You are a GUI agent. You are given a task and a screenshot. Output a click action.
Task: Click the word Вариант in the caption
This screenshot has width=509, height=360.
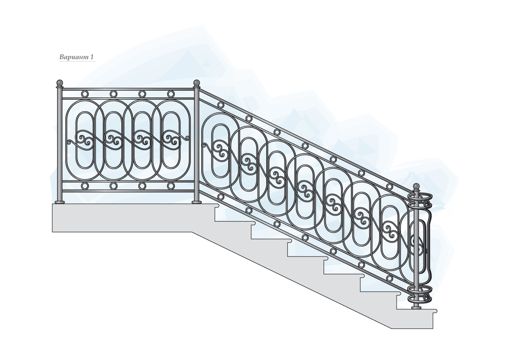coord(74,57)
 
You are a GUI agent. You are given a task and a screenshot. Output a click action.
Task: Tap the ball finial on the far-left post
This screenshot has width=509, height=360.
coord(59,82)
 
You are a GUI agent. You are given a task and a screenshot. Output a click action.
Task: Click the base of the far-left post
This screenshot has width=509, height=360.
coord(59,201)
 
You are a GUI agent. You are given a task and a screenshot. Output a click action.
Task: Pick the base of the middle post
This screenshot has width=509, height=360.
coord(197,201)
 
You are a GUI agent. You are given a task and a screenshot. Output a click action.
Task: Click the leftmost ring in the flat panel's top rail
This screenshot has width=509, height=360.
coord(85,94)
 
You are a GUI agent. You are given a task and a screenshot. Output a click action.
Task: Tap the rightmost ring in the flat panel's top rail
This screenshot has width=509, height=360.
coord(171,94)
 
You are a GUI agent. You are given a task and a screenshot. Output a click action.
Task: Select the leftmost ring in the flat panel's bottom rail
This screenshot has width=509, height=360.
coord(85,186)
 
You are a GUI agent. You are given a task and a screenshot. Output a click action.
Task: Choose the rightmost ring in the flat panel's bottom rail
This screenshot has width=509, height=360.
coord(171,186)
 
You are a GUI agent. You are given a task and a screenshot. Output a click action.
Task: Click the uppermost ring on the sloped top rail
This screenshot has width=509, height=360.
coord(221,105)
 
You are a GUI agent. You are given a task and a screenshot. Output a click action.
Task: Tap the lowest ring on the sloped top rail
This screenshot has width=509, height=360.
coord(389,187)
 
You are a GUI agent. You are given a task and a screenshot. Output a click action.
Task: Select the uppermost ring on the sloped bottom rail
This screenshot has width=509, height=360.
coord(221,197)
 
